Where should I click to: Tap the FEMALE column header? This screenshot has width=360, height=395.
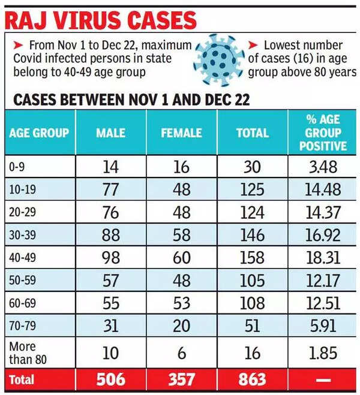click(x=181, y=132)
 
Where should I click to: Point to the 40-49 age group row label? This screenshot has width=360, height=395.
click(x=22, y=258)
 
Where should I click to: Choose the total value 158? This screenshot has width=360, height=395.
click(x=252, y=258)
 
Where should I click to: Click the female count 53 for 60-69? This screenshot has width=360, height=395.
click(x=181, y=303)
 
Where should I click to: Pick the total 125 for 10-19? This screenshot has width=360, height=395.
click(x=252, y=189)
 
